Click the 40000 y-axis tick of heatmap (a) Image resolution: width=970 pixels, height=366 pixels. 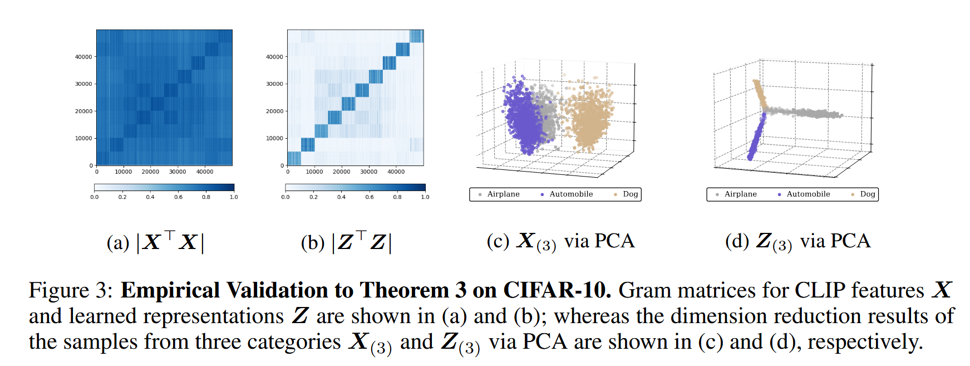tap(83, 57)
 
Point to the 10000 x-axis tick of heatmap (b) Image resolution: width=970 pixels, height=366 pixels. tap(314, 172)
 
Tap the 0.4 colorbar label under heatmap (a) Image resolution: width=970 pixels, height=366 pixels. tap(150, 197)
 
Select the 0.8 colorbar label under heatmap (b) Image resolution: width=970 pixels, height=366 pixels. tap(397, 197)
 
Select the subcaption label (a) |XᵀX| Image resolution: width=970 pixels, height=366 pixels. tap(155, 242)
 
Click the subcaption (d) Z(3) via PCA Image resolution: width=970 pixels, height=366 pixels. tap(797, 241)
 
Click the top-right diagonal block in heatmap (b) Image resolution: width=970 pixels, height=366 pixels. tap(416, 36)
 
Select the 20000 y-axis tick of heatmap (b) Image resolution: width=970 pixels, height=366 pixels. tap(274, 111)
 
